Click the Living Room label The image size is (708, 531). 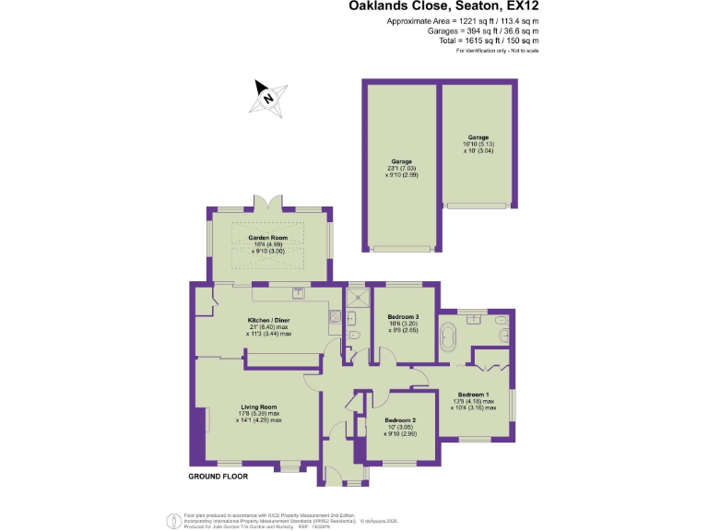point(259,407)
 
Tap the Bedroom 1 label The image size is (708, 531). point(475,393)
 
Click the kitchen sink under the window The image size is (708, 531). point(298,293)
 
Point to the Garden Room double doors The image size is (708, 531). point(268,203)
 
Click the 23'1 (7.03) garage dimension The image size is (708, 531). point(399,168)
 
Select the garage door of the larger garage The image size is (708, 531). point(399,248)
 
